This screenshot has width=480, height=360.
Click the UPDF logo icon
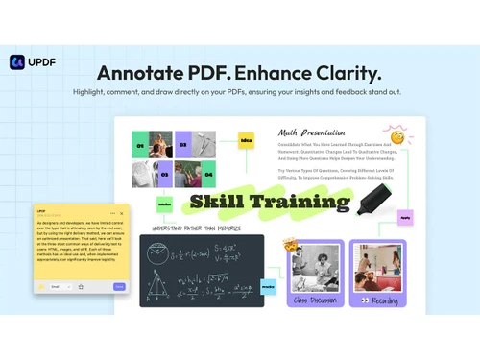(x=17, y=61)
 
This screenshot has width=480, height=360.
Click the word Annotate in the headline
(x=143, y=73)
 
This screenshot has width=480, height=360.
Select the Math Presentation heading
(x=311, y=132)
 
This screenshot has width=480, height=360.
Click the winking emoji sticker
(x=396, y=135)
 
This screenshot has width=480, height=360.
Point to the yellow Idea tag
(x=246, y=140)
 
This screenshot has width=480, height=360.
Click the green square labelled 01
(x=140, y=146)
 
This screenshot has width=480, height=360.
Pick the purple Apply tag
(x=404, y=217)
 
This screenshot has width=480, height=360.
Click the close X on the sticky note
(x=122, y=212)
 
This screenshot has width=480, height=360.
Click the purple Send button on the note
(x=119, y=286)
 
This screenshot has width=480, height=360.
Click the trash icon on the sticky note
(x=82, y=286)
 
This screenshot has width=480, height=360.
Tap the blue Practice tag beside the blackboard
(x=268, y=286)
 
